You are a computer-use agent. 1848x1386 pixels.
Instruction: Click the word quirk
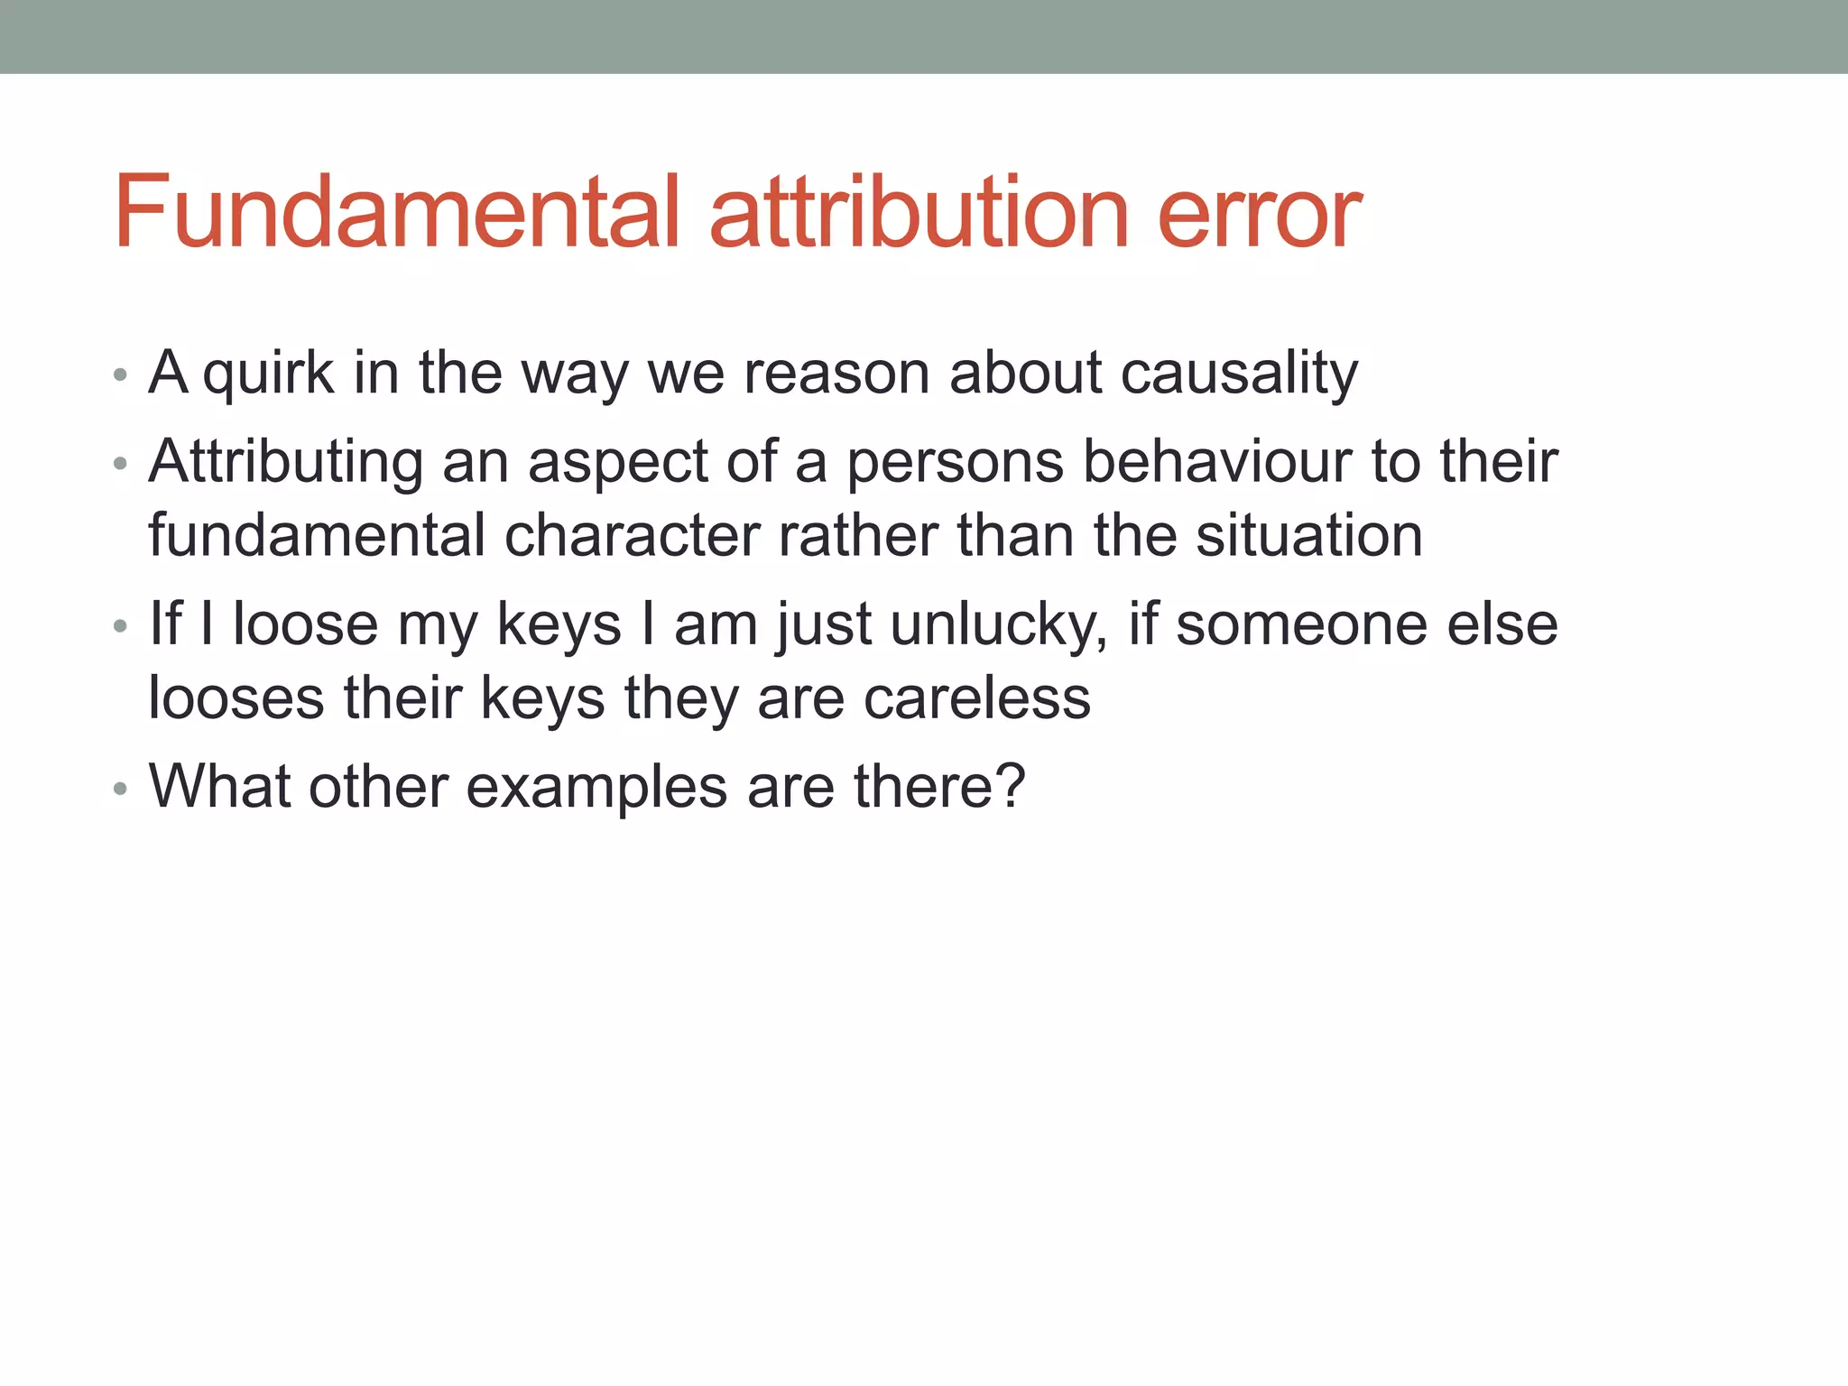click(x=268, y=374)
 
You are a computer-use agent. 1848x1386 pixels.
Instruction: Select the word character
click(x=631, y=536)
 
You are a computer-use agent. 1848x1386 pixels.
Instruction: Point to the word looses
click(x=236, y=698)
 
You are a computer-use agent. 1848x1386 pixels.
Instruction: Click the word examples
click(x=596, y=788)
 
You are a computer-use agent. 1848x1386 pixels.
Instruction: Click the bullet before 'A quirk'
click(x=120, y=374)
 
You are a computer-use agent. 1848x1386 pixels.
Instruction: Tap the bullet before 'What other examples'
click(x=120, y=789)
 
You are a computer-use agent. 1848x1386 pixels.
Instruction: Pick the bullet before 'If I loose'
click(x=120, y=626)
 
